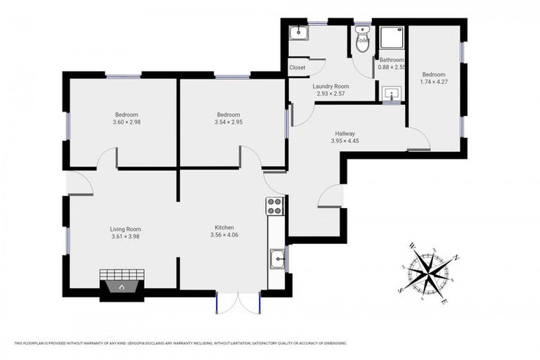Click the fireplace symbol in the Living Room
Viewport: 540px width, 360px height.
[x=122, y=286]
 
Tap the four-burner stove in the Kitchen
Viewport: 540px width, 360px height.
[x=274, y=206]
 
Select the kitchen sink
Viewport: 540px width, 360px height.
[x=278, y=259]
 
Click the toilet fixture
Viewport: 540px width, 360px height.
[x=363, y=37]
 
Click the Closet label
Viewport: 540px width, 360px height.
[x=297, y=67]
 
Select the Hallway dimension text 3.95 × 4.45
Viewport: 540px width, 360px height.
[x=345, y=141]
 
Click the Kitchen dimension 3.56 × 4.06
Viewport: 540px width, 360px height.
[x=224, y=236]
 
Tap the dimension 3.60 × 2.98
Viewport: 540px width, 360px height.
[x=127, y=122]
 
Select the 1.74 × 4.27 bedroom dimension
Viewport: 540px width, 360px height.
[x=433, y=82]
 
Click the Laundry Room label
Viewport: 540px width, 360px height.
[x=330, y=86]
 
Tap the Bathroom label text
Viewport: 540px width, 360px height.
[x=392, y=60]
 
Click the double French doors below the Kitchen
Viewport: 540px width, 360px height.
[x=238, y=302]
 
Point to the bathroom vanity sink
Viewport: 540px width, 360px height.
[x=391, y=93]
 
